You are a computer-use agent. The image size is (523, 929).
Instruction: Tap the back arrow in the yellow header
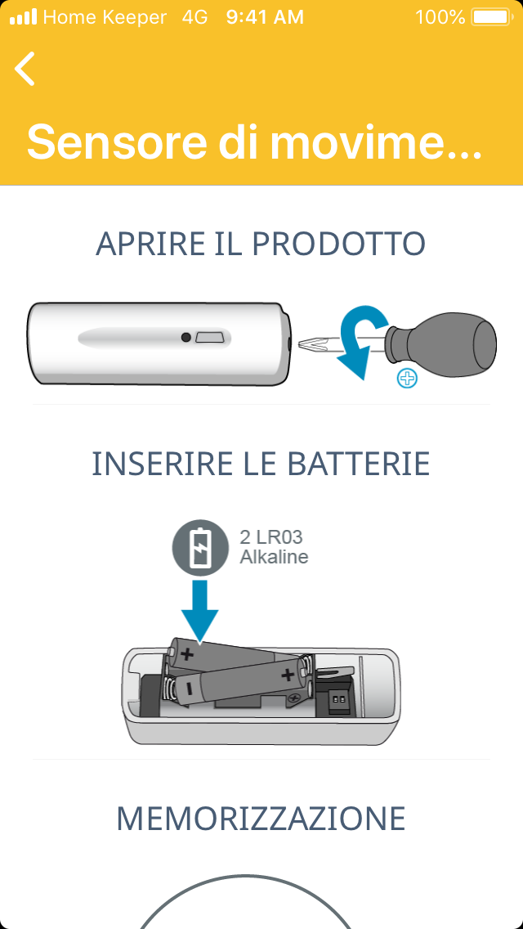[x=25, y=69]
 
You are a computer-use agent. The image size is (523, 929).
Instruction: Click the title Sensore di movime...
[x=254, y=141]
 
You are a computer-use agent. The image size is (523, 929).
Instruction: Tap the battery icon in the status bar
[x=491, y=17]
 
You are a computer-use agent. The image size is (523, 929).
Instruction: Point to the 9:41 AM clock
[x=265, y=17]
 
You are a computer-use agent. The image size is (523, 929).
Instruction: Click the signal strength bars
[x=24, y=16]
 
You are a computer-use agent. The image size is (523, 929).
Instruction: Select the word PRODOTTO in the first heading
[x=339, y=244]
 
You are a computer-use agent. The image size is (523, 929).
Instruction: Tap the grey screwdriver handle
[x=441, y=344]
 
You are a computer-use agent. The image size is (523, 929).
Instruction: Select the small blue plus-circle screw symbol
[x=408, y=378]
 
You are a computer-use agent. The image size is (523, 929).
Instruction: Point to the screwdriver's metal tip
[x=313, y=345]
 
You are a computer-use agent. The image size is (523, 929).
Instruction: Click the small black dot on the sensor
[x=186, y=338]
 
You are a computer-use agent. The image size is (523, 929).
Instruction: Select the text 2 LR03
[x=271, y=537]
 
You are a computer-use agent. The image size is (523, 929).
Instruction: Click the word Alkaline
[x=274, y=558]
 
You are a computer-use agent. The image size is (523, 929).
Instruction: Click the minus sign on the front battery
[x=187, y=689]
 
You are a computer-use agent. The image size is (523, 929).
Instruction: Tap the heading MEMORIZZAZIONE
[x=261, y=819]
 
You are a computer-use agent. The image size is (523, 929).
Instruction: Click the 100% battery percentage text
[x=440, y=17]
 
